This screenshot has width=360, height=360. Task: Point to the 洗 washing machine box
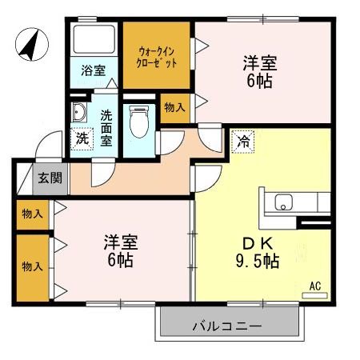click(x=82, y=138)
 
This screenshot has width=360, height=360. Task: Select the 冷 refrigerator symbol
click(x=242, y=142)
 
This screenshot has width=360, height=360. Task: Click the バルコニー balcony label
click(x=227, y=326)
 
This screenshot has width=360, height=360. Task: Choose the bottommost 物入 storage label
click(x=31, y=266)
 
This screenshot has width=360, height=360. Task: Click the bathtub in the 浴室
click(x=94, y=41)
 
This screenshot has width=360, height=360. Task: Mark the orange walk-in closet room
click(x=156, y=68)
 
